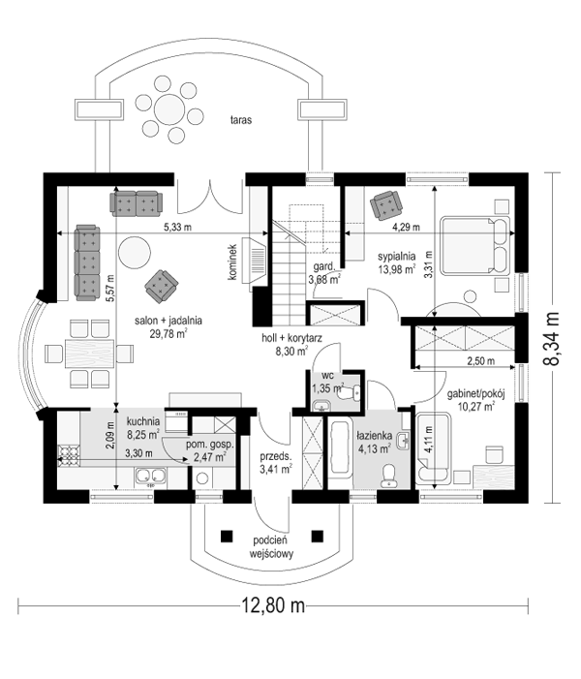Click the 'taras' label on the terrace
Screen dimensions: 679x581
(x=241, y=121)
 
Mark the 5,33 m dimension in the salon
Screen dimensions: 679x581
(x=176, y=227)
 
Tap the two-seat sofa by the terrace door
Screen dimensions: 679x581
(x=137, y=201)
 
